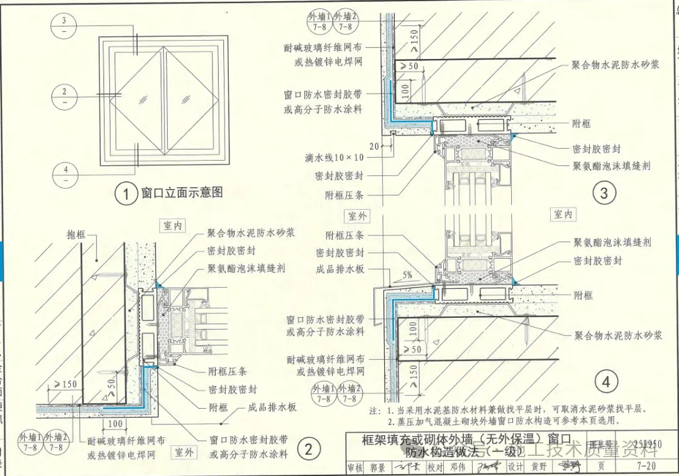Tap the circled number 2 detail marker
click(308, 448)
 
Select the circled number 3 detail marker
click(604, 193)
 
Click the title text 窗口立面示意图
click(182, 193)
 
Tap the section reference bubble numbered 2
click(65, 96)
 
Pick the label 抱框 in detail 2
click(76, 234)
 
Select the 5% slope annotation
click(408, 274)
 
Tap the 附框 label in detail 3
click(582, 124)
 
